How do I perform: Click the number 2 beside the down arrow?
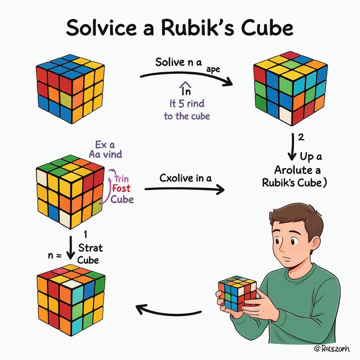tap(301, 137)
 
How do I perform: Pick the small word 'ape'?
tap(213, 69)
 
